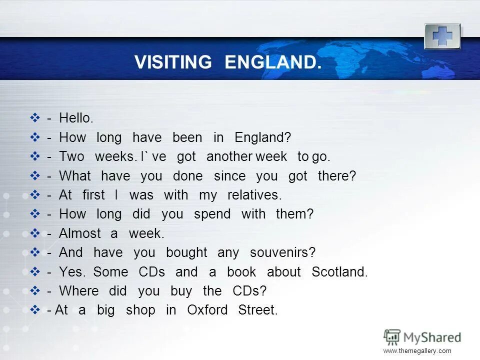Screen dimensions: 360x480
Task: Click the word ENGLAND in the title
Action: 270,62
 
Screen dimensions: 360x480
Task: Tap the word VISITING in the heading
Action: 173,62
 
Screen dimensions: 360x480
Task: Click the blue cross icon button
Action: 442,36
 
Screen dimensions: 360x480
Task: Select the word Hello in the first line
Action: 76,118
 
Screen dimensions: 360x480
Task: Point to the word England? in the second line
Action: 262,137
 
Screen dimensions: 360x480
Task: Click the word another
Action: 229,156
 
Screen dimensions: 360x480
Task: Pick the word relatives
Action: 254,195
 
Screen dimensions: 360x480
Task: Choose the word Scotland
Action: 339,272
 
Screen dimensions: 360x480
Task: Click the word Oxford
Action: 207,310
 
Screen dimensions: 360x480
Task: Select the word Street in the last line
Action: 257,310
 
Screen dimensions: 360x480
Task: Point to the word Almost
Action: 80,233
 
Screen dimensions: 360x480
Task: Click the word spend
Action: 212,214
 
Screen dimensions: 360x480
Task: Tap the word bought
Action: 186,252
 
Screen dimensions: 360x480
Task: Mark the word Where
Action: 78,291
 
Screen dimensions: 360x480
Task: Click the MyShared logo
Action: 422,337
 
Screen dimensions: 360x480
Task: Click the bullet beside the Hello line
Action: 35,118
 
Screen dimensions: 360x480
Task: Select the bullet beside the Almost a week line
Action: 35,233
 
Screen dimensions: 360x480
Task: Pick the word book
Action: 241,272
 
